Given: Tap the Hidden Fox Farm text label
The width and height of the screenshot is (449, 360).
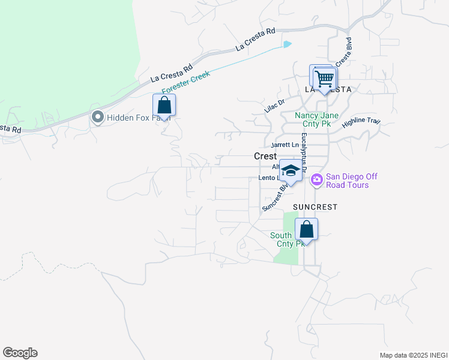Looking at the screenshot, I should [x=139, y=118].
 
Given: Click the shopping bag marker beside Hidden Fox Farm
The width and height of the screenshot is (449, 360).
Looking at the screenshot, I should [x=164, y=106].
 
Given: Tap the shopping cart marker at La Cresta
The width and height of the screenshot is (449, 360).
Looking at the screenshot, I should [x=324, y=77].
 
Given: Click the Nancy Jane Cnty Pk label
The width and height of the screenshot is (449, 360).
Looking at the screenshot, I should [x=316, y=119].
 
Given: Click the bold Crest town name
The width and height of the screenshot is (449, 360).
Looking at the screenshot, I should [x=265, y=156].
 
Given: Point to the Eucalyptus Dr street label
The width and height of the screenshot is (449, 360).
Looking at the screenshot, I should [x=304, y=153].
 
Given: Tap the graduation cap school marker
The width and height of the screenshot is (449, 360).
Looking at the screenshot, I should [x=291, y=171].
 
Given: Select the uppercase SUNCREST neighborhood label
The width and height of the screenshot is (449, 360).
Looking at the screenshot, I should [x=315, y=206].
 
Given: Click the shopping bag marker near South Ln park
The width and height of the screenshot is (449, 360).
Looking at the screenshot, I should [x=306, y=229].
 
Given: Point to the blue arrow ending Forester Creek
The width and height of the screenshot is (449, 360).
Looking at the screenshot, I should [x=288, y=43].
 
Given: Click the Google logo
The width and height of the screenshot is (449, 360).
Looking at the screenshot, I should [x=20, y=353].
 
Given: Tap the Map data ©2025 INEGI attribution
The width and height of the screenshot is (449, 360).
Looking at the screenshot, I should [x=414, y=355].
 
